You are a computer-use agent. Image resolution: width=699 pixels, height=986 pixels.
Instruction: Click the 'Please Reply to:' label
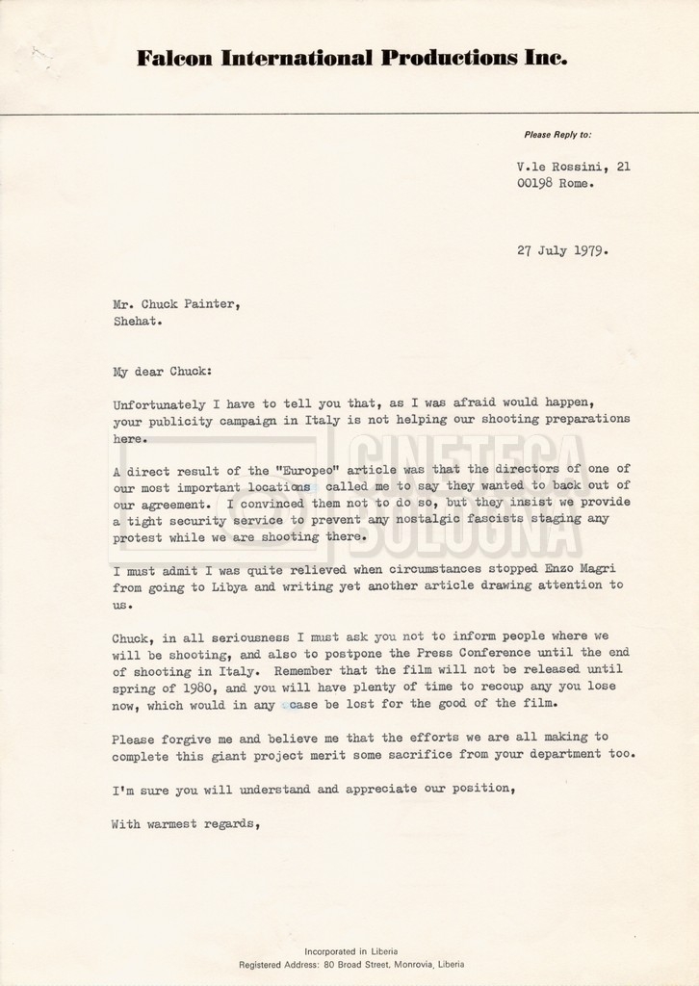tap(558, 134)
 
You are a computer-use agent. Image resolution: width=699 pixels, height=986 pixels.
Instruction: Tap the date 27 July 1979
tap(562, 251)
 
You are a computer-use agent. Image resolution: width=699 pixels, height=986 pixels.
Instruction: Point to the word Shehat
tap(135, 323)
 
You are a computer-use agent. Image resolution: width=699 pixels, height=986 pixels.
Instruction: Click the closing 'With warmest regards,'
tap(186, 823)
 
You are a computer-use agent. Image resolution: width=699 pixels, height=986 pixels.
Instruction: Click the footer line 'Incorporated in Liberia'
tap(350, 949)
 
